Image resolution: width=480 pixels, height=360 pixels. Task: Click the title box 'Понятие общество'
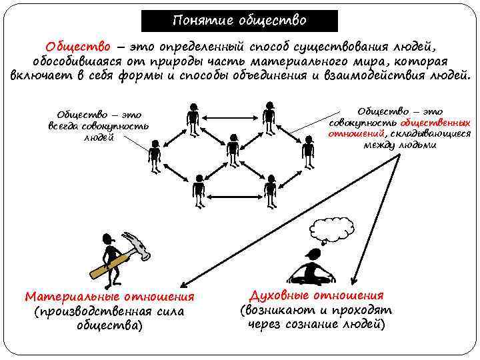pyautogui.click(x=239, y=21)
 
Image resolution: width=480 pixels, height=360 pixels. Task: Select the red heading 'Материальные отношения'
pyautogui.click(x=109, y=297)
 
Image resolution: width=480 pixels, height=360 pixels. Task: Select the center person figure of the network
pyautogui.click(x=232, y=150)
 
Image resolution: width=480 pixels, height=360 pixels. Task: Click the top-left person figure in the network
pyautogui.click(x=193, y=118)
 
